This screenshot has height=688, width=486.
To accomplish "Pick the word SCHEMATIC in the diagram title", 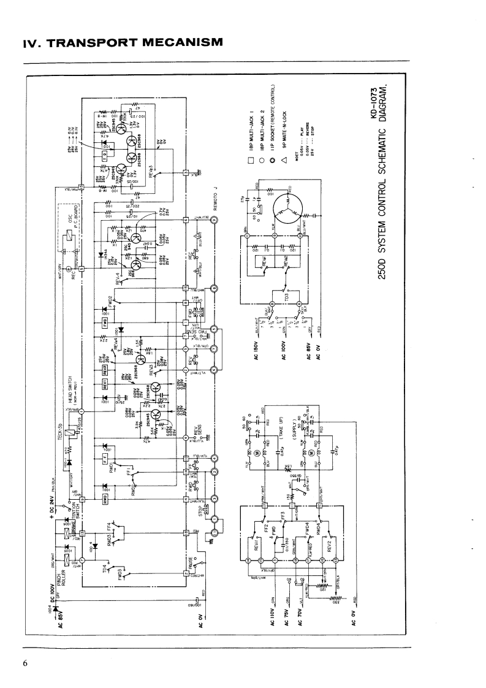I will (381, 199).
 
